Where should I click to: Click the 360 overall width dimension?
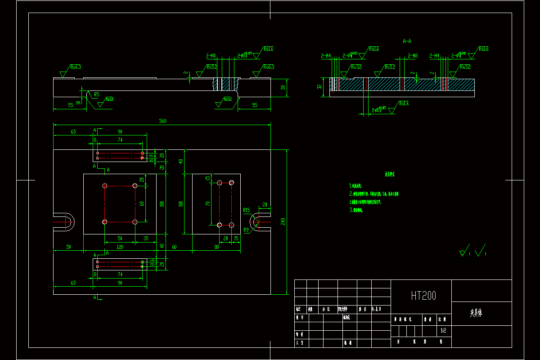click(x=162, y=121)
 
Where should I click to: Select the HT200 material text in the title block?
click(x=423, y=296)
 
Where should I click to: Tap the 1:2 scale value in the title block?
click(x=444, y=330)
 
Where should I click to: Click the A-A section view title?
click(x=407, y=41)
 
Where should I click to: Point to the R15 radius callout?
click(x=246, y=210)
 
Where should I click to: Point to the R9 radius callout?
click(x=246, y=230)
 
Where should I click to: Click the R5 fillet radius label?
click(x=97, y=94)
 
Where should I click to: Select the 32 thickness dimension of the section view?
click(x=320, y=86)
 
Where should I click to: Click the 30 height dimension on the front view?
click(x=283, y=87)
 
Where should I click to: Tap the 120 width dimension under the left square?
click(x=120, y=247)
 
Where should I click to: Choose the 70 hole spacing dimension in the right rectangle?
click(x=208, y=203)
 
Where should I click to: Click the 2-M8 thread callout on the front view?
click(x=211, y=56)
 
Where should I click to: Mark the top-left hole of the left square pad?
click(x=105, y=186)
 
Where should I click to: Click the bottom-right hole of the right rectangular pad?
click(x=232, y=225)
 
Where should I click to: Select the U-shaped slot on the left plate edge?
click(x=65, y=222)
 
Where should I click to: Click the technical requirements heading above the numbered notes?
click(x=389, y=174)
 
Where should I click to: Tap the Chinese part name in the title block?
click(x=476, y=313)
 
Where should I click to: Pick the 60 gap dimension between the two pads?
click(x=174, y=247)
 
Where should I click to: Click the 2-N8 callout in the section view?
click(x=412, y=56)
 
